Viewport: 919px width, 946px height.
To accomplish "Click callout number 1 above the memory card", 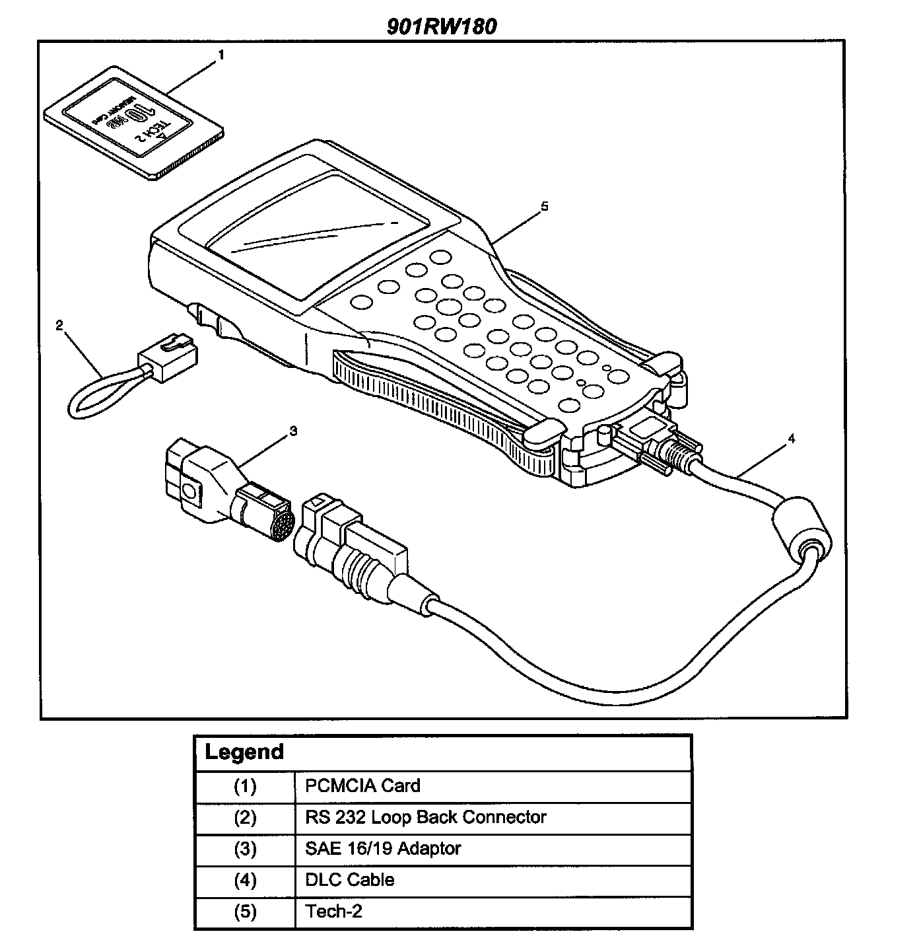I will click(x=221, y=55).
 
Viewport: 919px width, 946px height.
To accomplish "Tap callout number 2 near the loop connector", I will click(x=59, y=324).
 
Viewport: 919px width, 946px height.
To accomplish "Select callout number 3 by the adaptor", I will click(x=293, y=431).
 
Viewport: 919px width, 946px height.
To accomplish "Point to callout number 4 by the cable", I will click(x=791, y=439).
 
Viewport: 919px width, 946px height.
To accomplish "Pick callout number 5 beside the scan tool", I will click(x=544, y=206).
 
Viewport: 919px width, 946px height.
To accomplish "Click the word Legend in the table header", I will click(x=244, y=752).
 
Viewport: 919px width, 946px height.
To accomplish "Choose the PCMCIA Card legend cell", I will click(x=362, y=785).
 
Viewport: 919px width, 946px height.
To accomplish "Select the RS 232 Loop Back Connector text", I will click(x=425, y=817).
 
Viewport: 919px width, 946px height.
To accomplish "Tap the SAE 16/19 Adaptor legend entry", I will click(x=383, y=848).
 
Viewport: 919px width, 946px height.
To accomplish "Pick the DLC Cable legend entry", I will click(x=349, y=880).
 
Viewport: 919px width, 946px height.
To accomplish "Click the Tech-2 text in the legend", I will click(x=333, y=912).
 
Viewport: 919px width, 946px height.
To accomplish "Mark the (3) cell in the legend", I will click(x=245, y=848).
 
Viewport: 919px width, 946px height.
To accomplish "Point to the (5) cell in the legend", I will click(x=245, y=912).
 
